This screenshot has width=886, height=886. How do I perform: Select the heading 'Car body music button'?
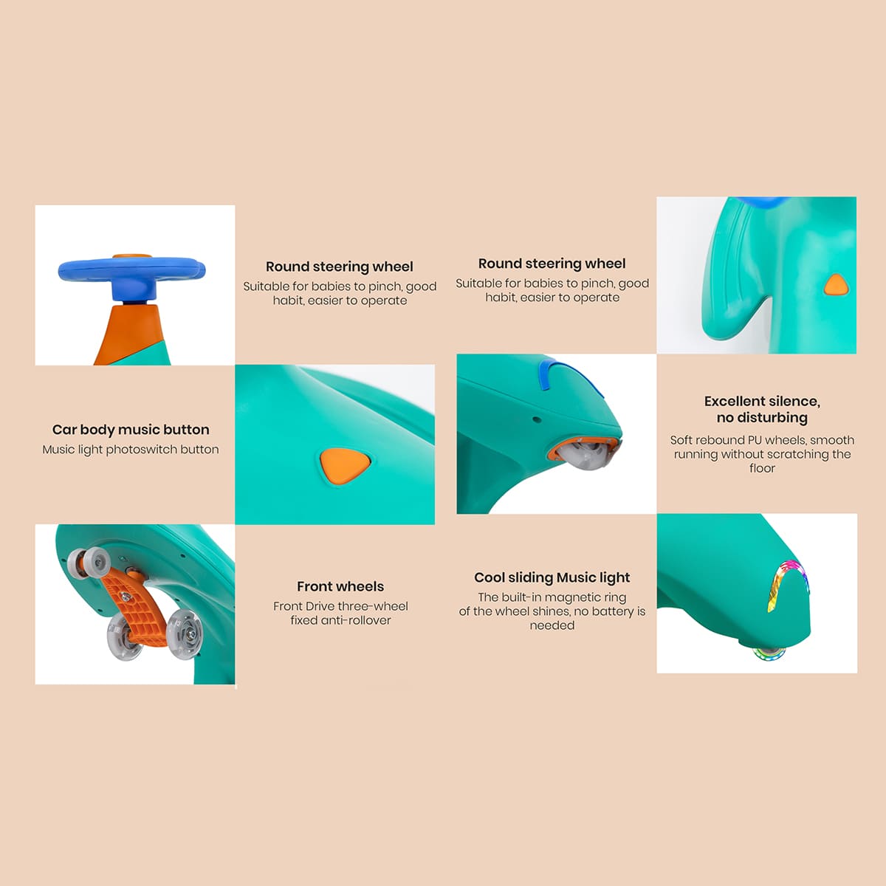[131, 430]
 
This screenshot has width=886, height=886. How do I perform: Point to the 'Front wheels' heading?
[340, 586]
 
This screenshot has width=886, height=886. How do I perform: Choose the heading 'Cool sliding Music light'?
[552, 577]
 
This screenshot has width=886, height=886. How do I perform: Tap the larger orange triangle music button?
[344, 466]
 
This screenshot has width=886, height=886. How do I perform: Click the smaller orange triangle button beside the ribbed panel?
[836, 285]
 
